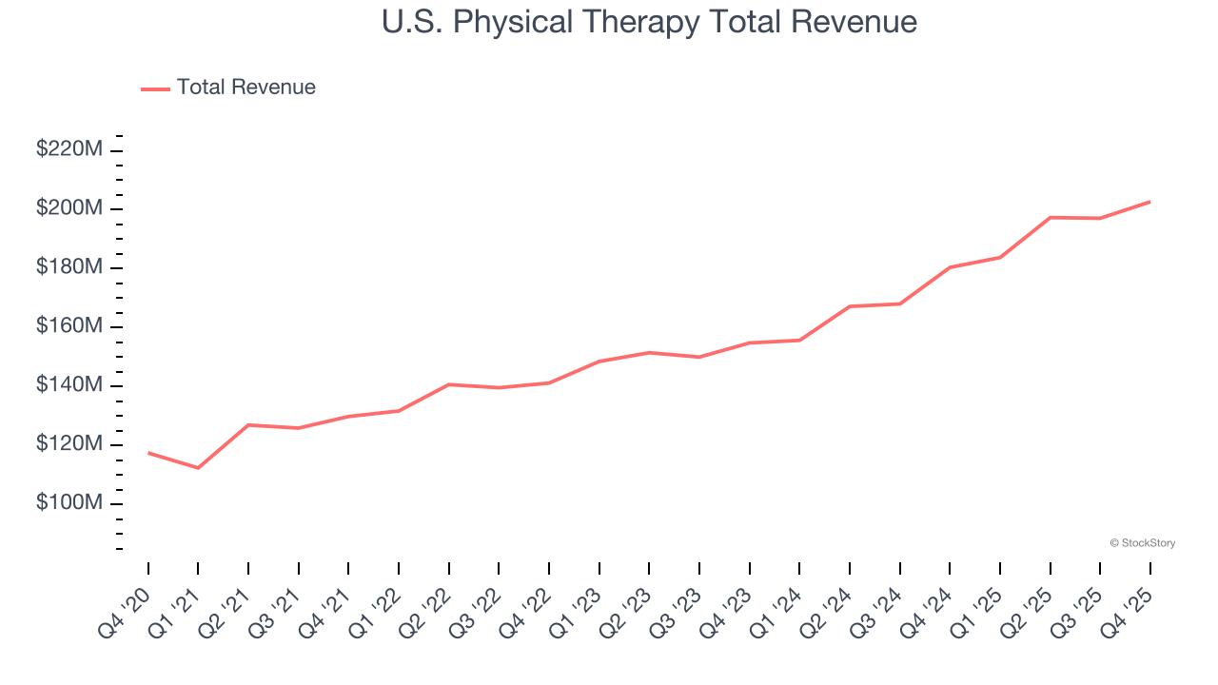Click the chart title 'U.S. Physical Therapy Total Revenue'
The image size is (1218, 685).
(x=649, y=22)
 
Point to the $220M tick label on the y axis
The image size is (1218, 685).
(x=69, y=149)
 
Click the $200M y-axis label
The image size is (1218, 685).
(x=69, y=208)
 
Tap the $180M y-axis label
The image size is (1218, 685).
(x=69, y=267)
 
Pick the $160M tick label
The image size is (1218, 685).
(x=69, y=326)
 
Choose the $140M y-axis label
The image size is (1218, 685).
(x=69, y=385)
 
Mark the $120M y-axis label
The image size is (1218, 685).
(x=69, y=444)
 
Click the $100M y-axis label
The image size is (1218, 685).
(x=69, y=503)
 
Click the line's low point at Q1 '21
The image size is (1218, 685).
(x=198, y=468)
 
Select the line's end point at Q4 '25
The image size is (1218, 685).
(x=1149, y=202)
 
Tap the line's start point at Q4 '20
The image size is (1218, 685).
(x=148, y=453)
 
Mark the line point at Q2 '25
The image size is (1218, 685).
(x=1050, y=218)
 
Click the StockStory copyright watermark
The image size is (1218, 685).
(x=1142, y=543)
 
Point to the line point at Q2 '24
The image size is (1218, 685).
(x=849, y=306)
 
